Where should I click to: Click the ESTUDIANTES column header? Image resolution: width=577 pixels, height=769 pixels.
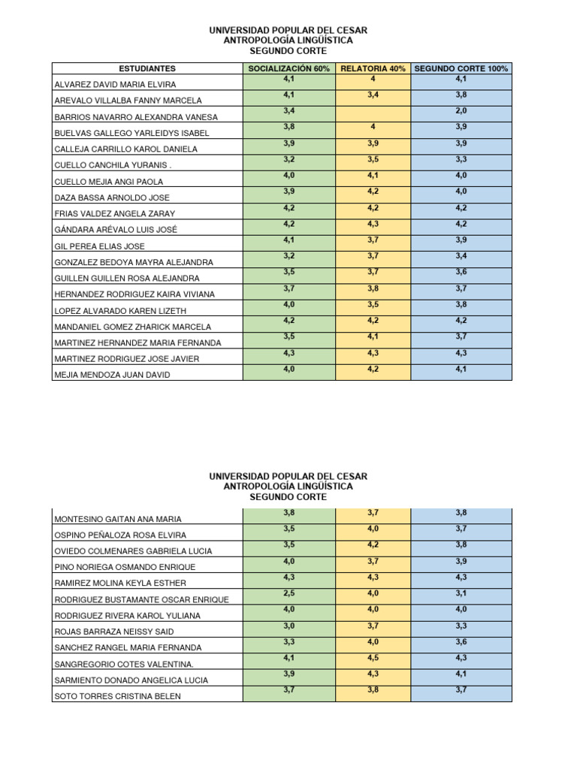[x=147, y=68]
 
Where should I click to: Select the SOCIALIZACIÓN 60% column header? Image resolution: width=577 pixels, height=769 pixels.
[x=289, y=68]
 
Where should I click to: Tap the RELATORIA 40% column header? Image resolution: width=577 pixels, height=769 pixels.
[x=373, y=68]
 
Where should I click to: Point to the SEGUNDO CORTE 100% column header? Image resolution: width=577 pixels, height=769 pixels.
[x=461, y=68]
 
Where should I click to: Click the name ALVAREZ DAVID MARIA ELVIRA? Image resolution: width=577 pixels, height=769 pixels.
[x=114, y=85]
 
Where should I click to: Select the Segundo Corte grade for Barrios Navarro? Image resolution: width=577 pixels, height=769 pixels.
[x=461, y=110]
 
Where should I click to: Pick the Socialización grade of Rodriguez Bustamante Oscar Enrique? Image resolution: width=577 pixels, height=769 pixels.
[x=289, y=593]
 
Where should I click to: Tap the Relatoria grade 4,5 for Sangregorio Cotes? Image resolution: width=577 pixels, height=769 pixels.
[x=373, y=658]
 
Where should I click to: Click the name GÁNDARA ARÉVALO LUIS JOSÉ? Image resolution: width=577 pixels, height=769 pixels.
[x=116, y=230]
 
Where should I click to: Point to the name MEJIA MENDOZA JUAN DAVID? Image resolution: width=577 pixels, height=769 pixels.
[x=112, y=375]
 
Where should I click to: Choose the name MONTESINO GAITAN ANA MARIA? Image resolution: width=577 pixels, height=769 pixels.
[x=117, y=519]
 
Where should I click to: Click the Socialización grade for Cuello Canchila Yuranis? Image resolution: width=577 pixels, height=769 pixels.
[x=289, y=159]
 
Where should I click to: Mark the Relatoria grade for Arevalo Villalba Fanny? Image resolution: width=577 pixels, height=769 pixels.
[x=373, y=95]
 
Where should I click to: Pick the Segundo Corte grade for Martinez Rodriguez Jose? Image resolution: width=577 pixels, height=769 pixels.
[x=461, y=353]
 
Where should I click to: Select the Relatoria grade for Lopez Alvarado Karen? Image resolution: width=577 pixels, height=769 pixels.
[x=373, y=304]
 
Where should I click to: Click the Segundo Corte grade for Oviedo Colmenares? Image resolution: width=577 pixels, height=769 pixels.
[x=461, y=544]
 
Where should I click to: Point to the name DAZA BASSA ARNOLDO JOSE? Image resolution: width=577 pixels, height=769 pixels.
[x=112, y=198]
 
